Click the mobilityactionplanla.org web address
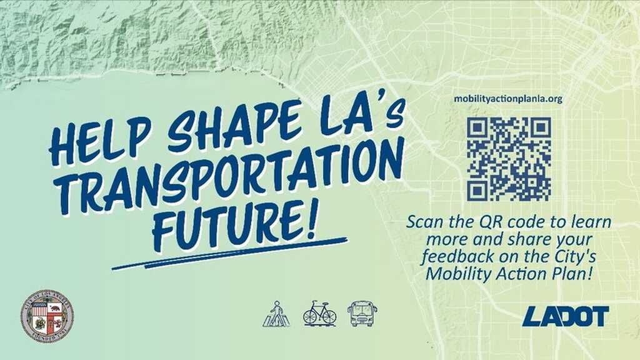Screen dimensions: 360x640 [x=508, y=99]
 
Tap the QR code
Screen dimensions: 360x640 [x=508, y=159]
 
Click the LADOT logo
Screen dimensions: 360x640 [x=566, y=316]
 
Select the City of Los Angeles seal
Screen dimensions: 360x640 [x=47, y=316]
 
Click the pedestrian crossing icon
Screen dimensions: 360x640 [x=276, y=314]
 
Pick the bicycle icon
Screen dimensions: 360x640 [x=319, y=313]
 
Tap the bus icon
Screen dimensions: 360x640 [x=362, y=313]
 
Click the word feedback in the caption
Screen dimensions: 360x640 [x=451, y=256]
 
